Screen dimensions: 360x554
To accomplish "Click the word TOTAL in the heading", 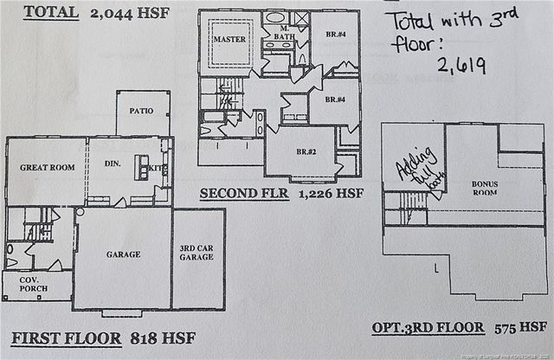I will point(50,12).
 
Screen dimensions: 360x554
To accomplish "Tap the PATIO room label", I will point(142,112).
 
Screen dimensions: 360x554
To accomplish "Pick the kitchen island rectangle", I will point(142,167).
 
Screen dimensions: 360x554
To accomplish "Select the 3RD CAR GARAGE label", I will point(197,252).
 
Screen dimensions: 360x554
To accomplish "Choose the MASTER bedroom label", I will point(229,39).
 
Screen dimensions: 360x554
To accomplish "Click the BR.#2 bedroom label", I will point(306,151).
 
